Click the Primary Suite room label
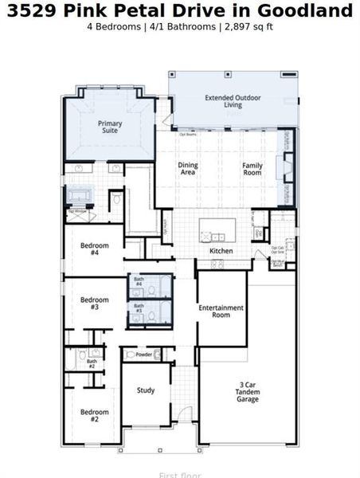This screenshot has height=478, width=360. click(110, 128)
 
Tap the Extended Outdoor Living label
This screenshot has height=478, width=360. click(233, 101)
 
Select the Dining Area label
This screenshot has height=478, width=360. click(188, 169)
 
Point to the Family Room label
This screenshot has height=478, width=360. click(252, 169)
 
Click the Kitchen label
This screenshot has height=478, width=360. click(221, 251)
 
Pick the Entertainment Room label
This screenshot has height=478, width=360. click(221, 311)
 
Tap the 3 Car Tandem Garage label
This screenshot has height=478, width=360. click(247, 392)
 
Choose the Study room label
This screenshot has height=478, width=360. click(145, 390)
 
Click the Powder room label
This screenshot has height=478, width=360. click(143, 355)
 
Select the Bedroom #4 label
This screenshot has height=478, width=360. click(94, 249)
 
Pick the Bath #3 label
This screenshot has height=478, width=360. click(139, 307)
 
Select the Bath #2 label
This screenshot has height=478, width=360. click(92, 363)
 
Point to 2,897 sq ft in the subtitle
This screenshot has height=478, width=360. click(246, 26)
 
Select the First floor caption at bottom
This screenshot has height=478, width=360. click(179, 475)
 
